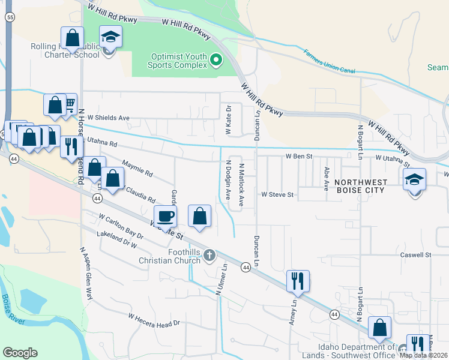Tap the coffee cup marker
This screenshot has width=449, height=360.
pyautogui.click(x=165, y=217)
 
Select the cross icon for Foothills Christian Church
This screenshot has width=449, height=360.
pyautogui.click(x=209, y=255)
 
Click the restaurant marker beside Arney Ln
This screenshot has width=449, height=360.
pyautogui.click(x=298, y=280)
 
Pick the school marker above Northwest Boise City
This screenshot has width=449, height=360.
pyautogui.click(x=415, y=179)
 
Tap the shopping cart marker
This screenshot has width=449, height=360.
pyautogui.click(x=67, y=104)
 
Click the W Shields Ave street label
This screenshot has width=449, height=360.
pyautogui.click(x=109, y=118)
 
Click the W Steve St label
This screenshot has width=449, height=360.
pyautogui.click(x=277, y=194)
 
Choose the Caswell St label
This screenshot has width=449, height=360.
pyautogui.click(x=416, y=255)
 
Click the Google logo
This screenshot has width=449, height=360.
pyautogui.click(x=20, y=352)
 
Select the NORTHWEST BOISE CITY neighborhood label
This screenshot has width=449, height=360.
pyautogui.click(x=366, y=187)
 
